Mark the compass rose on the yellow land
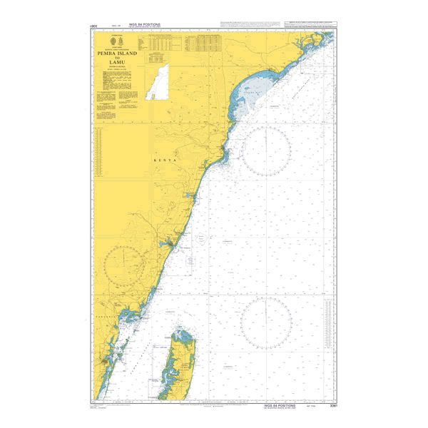pyautogui.click(x=128, y=265)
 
